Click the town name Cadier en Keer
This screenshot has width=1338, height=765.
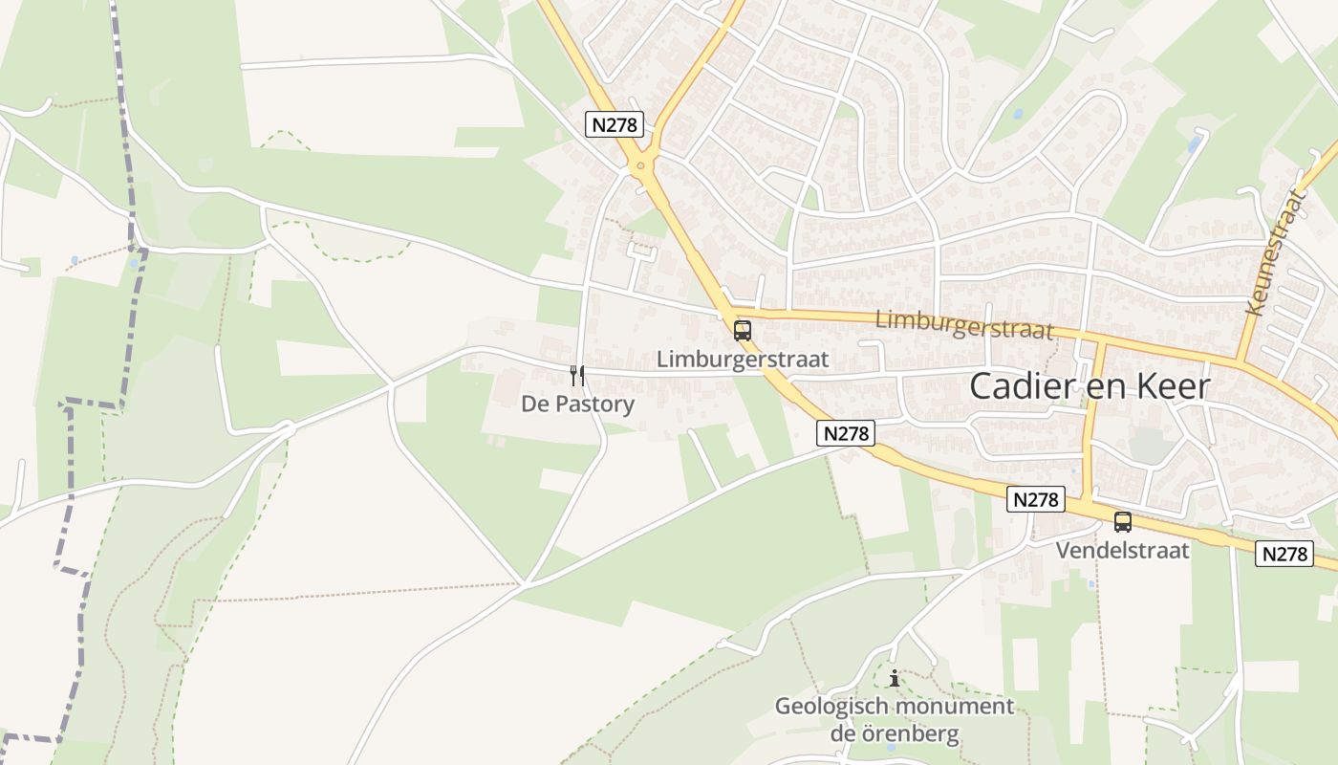point(1090,386)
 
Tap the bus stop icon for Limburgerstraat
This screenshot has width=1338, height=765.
point(742,331)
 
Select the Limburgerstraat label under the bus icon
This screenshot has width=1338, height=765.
point(743,360)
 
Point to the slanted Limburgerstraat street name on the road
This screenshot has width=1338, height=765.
point(963,323)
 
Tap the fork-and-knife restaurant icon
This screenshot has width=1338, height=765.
point(576,375)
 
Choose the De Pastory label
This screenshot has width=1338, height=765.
point(577,404)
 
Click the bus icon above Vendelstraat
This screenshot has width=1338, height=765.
point(1122,522)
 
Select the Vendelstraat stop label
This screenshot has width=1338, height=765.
point(1122,551)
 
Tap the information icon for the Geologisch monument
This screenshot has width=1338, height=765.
point(894,679)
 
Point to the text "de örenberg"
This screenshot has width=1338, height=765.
point(894,733)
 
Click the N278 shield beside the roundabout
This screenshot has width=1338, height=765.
point(615,124)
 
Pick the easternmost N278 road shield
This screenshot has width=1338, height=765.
point(1284,553)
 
